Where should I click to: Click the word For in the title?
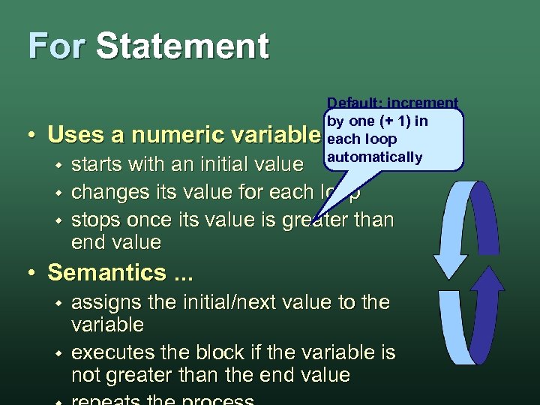click(x=57, y=46)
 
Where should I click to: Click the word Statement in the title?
click(x=182, y=46)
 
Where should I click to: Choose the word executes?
click(x=110, y=352)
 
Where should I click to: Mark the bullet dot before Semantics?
click(x=34, y=273)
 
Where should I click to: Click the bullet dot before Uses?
click(x=34, y=136)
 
